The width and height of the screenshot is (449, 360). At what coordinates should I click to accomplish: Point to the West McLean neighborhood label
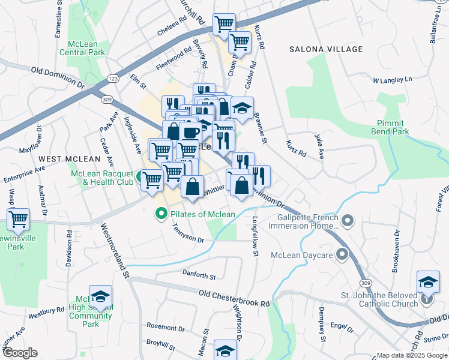[x=69, y=158]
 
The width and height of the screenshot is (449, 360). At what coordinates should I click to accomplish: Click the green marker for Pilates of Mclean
[x=161, y=214]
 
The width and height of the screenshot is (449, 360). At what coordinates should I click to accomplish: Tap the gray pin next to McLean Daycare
[x=343, y=255]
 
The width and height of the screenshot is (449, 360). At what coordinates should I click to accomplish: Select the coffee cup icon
[x=190, y=132]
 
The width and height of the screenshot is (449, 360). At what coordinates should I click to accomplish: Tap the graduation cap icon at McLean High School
[x=100, y=296]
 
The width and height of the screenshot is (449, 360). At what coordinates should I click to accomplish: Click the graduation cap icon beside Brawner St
[x=242, y=109]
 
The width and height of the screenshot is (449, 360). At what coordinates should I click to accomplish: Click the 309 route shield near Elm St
[x=107, y=99]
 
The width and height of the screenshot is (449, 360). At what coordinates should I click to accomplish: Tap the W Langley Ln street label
[x=393, y=79]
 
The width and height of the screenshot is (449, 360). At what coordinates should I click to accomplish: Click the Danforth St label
[x=199, y=275]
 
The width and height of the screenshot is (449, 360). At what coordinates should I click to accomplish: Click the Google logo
[x=20, y=353]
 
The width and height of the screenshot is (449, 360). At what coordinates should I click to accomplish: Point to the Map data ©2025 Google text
[x=411, y=355]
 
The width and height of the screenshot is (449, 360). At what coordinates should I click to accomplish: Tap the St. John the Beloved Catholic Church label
[x=379, y=299]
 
